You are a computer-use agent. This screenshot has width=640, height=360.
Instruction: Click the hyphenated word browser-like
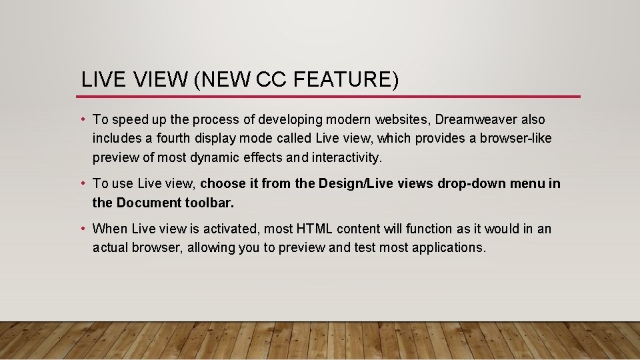513,139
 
